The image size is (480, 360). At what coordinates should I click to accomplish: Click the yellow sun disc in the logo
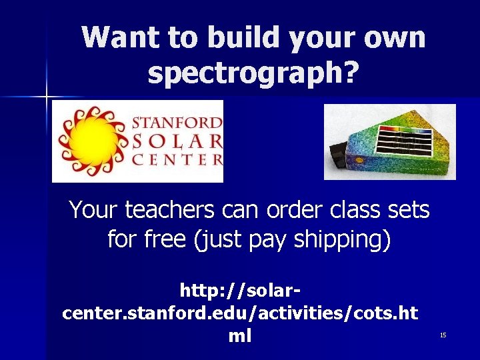93,141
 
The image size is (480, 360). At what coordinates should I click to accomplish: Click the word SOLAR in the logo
177,141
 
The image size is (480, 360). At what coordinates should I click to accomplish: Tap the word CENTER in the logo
177,159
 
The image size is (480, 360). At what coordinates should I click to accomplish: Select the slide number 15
443,335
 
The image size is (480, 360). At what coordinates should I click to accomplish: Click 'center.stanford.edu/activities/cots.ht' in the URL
240,313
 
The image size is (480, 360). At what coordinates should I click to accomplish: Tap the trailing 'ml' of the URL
240,336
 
